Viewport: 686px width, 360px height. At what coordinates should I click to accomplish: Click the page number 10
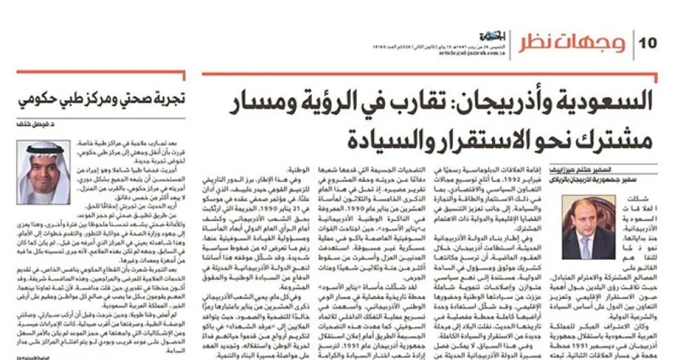[x=647, y=42]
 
